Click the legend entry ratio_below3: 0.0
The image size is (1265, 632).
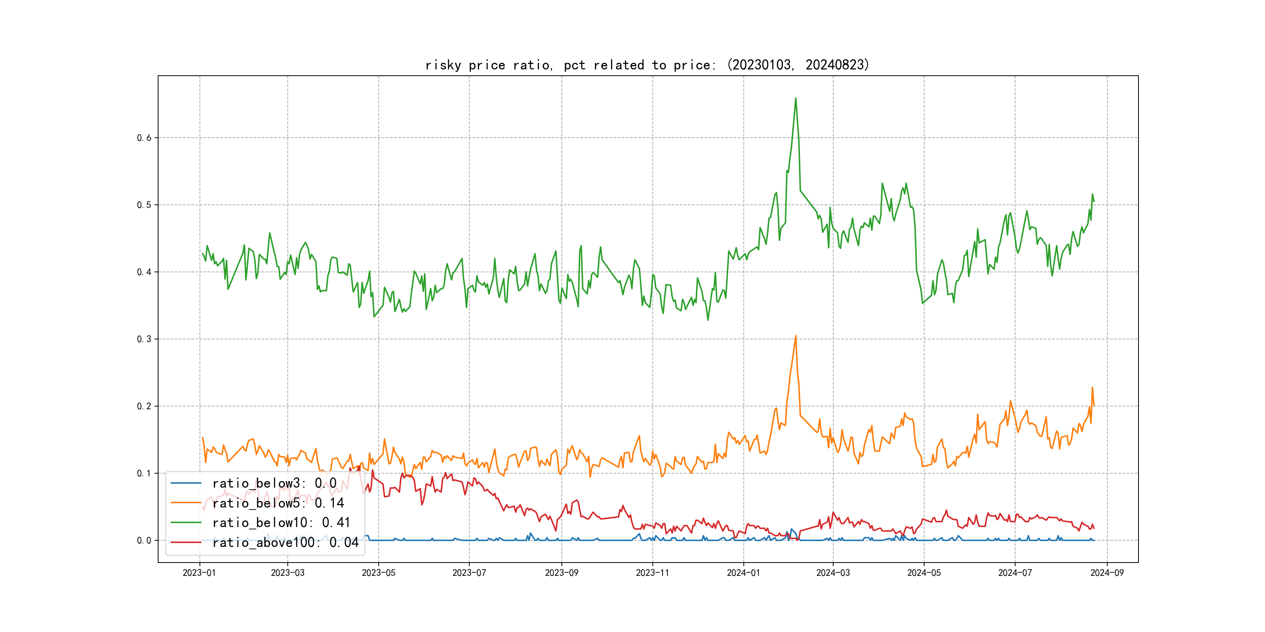coord(274,483)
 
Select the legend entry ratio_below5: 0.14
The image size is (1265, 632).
coord(278,503)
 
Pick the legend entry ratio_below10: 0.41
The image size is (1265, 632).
coord(281,523)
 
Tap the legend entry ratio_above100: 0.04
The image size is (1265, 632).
coord(285,542)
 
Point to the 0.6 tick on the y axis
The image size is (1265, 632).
coord(144,138)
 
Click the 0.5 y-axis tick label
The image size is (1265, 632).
coord(144,205)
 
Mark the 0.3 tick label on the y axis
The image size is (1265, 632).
coord(144,339)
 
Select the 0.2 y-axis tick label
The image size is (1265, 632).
coord(144,406)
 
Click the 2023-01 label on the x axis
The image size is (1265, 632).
coord(200,573)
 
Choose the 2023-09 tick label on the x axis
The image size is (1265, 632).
coord(562,573)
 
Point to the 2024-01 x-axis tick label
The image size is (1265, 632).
coord(743,573)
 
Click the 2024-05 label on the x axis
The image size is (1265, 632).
coord(924,573)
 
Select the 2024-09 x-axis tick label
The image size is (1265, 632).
coord(1107,573)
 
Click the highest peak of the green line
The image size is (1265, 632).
coord(796,98)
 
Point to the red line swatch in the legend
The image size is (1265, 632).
coord(185,542)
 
